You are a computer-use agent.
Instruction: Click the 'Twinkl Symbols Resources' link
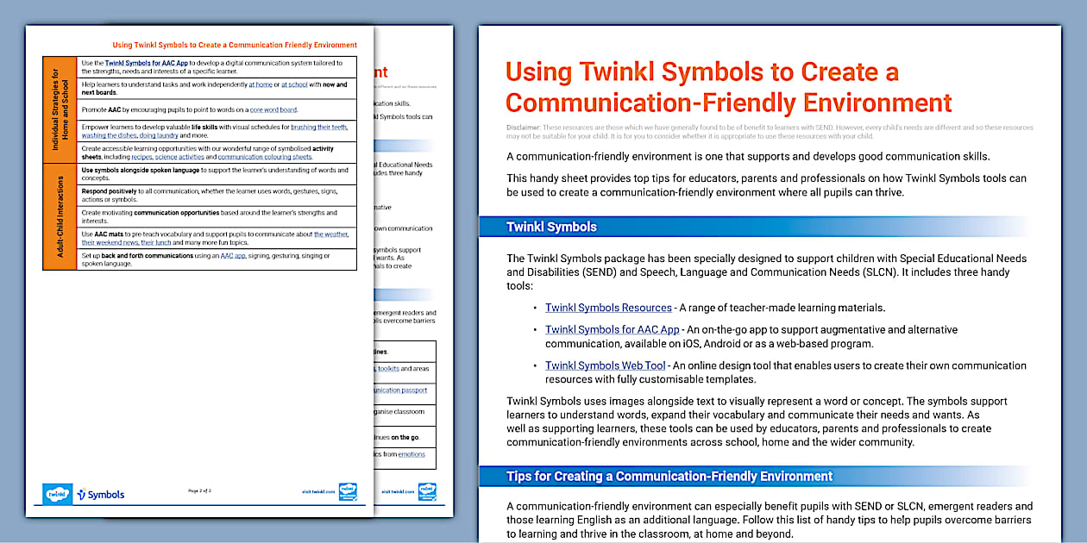point(607,308)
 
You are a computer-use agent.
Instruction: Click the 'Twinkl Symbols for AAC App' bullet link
point(612,330)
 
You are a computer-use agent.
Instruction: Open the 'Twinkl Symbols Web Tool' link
point(605,366)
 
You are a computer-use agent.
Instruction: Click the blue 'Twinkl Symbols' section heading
point(551,228)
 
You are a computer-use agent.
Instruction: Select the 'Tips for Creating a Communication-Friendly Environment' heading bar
point(669,476)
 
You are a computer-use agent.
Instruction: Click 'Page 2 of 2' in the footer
point(199,490)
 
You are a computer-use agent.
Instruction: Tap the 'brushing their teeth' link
point(318,127)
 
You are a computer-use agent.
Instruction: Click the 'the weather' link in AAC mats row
point(330,234)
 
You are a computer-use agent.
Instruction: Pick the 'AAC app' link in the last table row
point(232,256)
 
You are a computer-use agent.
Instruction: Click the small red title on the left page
point(235,45)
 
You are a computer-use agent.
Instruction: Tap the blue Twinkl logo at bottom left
point(57,494)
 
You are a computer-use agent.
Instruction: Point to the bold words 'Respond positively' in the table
point(108,190)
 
